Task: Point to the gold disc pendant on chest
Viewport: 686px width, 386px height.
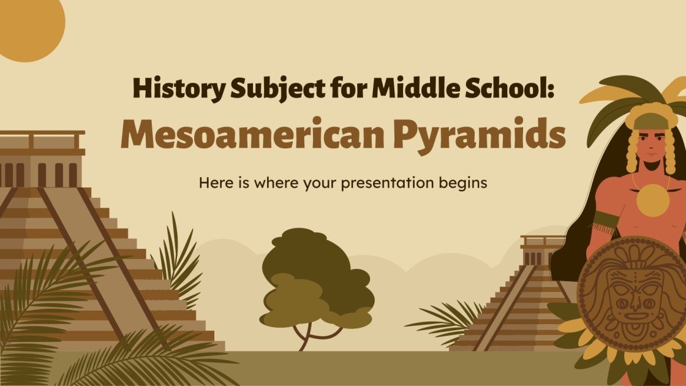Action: click(x=652, y=200)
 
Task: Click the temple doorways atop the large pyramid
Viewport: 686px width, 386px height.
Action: click(x=40, y=175)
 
